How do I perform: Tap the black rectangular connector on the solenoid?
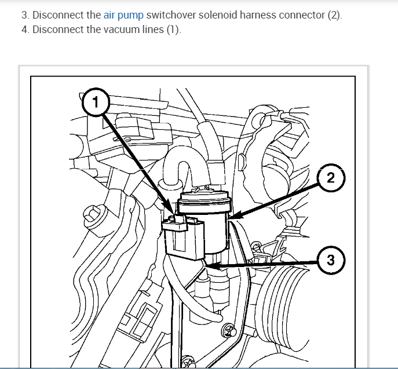184,238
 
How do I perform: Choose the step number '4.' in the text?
25,30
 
